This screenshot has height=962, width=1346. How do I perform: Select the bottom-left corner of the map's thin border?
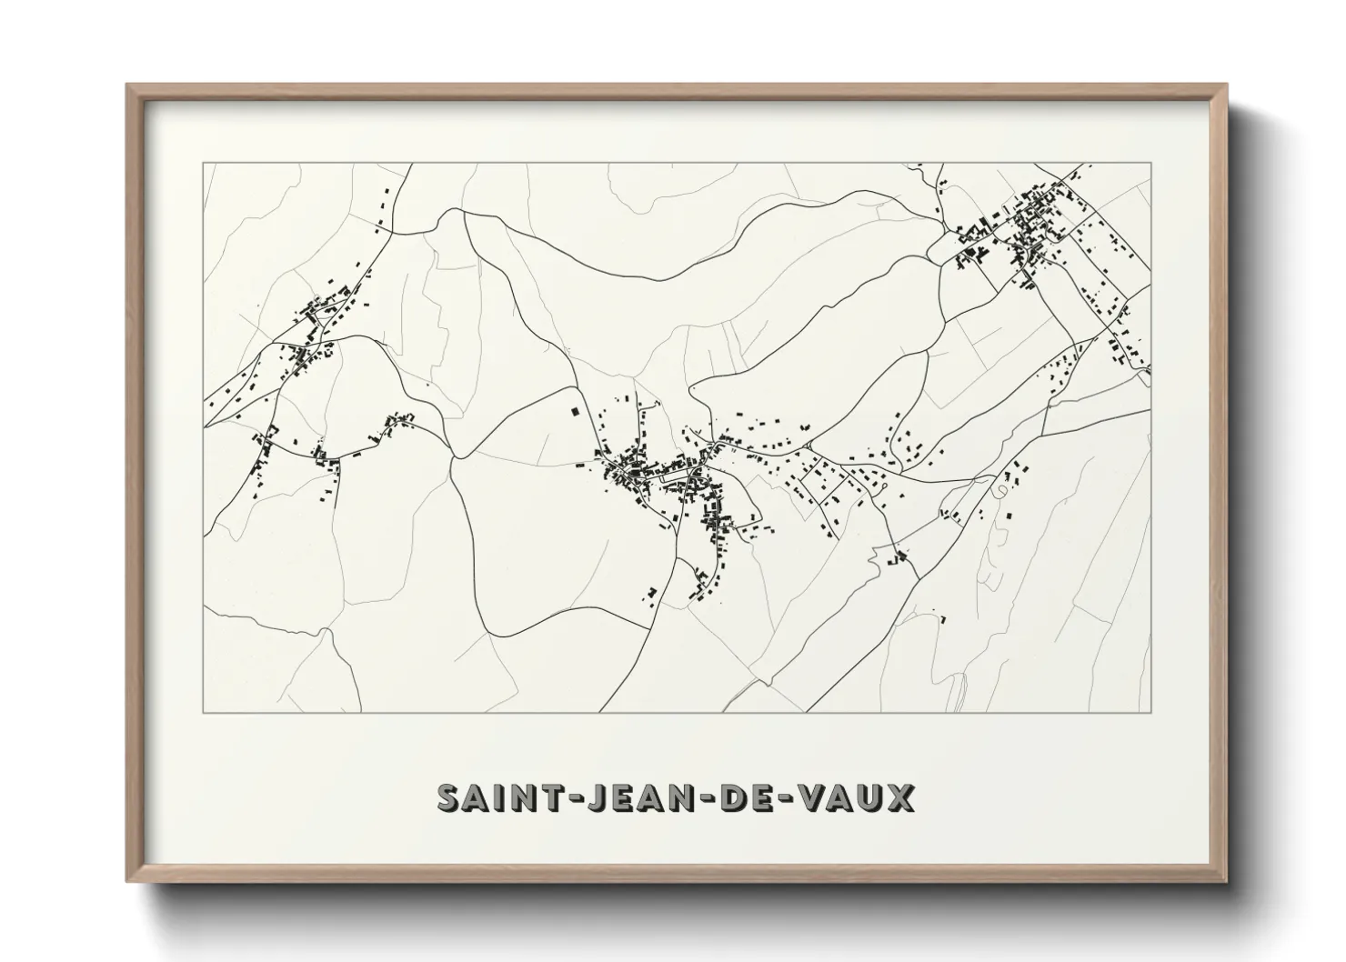(204, 712)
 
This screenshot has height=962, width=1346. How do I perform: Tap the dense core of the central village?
(637, 468)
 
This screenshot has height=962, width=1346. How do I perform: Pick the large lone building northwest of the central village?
(574, 411)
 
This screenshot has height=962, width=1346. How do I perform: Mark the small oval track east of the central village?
(1001, 490)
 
